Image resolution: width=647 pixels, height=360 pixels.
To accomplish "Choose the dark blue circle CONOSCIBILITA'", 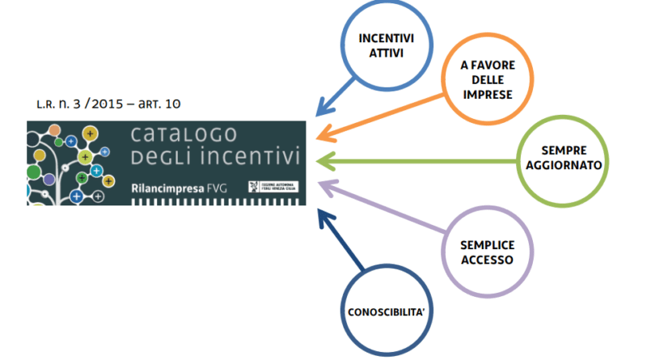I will click(x=382, y=312).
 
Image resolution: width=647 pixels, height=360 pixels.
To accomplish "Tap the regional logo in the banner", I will click(x=271, y=186).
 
